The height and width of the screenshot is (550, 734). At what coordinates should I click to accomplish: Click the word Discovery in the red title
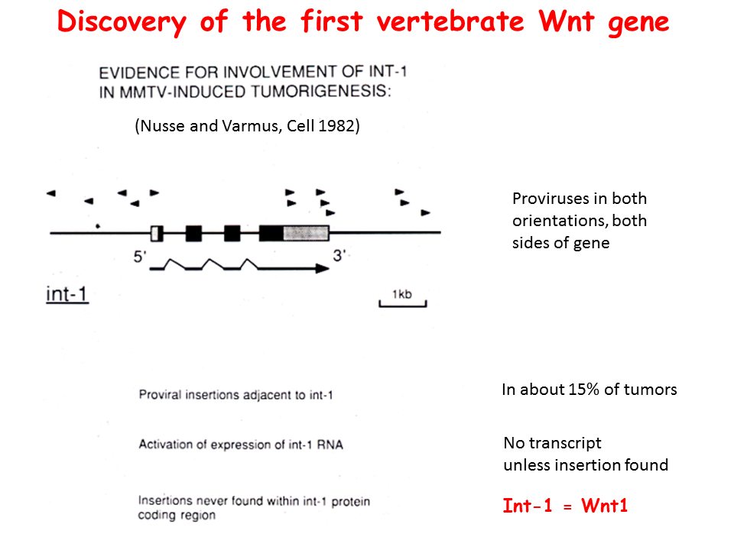(122, 22)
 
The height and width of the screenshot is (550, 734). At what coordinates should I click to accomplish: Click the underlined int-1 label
(67, 294)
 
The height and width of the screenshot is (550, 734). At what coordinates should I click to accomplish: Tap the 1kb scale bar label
(402, 294)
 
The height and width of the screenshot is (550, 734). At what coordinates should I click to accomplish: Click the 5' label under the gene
(140, 257)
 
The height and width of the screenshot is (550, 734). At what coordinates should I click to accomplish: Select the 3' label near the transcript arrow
(339, 255)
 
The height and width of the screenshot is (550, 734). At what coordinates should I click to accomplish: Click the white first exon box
(157, 233)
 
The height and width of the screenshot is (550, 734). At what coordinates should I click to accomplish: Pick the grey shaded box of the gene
(306, 232)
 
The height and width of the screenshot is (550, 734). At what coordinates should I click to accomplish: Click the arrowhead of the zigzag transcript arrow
(322, 268)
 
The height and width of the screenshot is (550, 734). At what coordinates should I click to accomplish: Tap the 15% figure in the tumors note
(583, 389)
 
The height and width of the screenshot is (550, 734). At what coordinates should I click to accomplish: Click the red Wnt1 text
(604, 506)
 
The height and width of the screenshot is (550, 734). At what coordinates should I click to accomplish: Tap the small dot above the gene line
(98, 226)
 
